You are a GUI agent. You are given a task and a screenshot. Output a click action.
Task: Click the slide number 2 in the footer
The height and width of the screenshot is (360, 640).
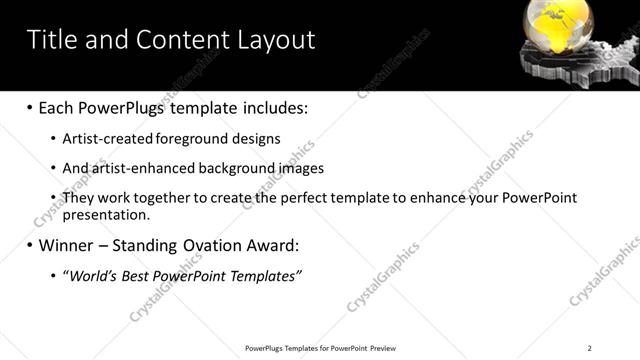(x=590, y=348)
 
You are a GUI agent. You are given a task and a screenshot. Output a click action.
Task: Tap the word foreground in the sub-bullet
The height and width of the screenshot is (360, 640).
(x=192, y=138)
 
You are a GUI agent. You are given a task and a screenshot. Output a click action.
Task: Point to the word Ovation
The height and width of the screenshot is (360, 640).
(x=206, y=244)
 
